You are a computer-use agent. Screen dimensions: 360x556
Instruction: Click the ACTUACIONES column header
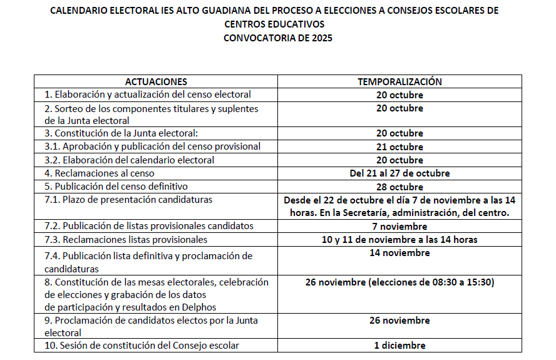[156, 82]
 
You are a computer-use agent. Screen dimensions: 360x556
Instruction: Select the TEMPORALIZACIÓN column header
[399, 82]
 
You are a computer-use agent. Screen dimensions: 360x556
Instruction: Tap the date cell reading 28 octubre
[399, 187]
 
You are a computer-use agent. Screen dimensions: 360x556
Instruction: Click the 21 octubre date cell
[399, 147]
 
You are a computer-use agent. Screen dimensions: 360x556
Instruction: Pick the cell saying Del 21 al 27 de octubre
[399, 173]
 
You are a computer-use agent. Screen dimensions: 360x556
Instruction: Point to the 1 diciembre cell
[399, 346]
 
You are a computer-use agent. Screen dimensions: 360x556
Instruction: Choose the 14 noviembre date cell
[399, 253]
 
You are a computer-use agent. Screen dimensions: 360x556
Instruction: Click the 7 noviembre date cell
[399, 226]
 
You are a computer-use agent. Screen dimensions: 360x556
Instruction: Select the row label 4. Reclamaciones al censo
[99, 173]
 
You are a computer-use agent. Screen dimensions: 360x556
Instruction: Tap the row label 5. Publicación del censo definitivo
[116, 187]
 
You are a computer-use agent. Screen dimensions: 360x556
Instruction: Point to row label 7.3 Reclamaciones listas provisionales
[125, 240]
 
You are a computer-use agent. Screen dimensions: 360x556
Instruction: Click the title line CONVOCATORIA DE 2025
[278, 38]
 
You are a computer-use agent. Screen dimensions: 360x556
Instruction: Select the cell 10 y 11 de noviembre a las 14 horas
[399, 239]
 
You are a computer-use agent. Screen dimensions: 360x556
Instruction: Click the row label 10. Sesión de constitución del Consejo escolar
[142, 346]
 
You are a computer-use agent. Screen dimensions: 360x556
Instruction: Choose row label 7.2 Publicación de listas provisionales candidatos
[148, 226]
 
